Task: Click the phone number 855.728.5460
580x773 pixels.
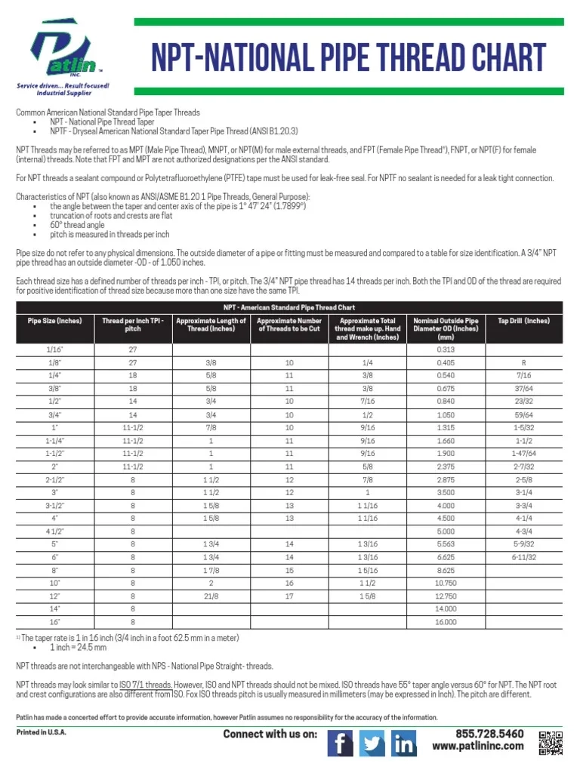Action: coord(489,734)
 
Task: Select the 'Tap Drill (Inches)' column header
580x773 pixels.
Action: coord(523,321)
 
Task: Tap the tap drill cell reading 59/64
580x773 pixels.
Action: coord(523,414)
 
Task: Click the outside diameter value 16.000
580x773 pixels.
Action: coord(446,622)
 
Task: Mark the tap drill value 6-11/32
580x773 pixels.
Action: coord(523,557)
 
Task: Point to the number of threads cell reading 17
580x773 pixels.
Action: coord(288,596)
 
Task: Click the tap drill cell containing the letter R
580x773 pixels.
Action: coord(523,362)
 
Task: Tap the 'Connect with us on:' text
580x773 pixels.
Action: coord(270,735)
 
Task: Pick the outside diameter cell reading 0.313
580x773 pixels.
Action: coord(446,349)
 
